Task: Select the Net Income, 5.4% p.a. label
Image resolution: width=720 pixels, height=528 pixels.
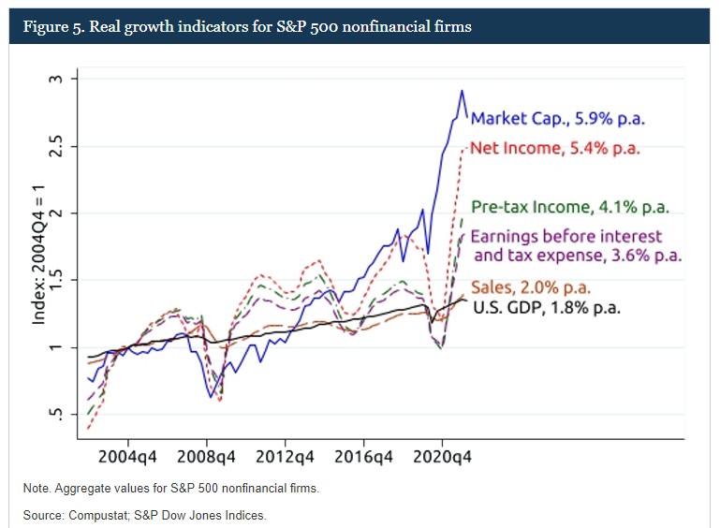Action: click(554, 148)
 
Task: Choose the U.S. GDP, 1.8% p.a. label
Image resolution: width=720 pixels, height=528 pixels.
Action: click(547, 306)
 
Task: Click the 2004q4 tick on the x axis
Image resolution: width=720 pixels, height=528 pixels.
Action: click(128, 458)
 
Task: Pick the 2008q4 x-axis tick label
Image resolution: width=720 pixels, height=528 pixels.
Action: click(206, 458)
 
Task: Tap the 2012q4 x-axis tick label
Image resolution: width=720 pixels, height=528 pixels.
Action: click(285, 458)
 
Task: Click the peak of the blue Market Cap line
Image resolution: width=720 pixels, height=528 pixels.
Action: click(461, 91)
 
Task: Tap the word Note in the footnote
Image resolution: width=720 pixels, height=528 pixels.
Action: click(36, 489)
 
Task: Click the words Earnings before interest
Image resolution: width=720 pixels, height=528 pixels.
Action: click(566, 236)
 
